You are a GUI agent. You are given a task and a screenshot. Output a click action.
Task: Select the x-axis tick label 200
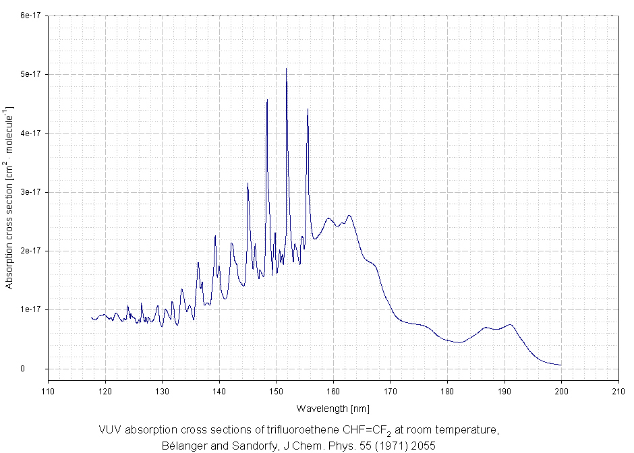coord(561,390)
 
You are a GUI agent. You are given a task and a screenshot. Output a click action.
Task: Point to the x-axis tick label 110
coord(48,390)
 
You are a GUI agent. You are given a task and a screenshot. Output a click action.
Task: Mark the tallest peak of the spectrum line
coord(286,69)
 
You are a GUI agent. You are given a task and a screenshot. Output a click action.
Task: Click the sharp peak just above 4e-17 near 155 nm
coord(308,109)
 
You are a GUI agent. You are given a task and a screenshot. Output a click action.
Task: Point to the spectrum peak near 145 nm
coord(248,183)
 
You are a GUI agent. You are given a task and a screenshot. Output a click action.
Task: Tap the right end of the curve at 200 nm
coord(560,365)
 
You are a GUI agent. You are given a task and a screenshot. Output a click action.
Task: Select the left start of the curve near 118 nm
coord(92,318)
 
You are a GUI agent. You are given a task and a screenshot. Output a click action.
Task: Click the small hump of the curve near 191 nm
coord(511,325)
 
